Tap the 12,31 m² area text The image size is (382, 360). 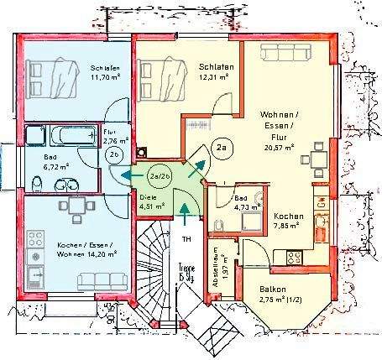click(x=216, y=76)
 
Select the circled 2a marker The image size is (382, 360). click(x=222, y=149)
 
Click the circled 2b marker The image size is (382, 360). click(x=117, y=154)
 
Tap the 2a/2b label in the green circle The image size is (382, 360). click(x=160, y=176)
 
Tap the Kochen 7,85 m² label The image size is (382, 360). click(x=288, y=221)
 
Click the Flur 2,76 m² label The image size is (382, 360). click(x=114, y=136)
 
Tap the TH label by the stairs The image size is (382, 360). click(x=186, y=239)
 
